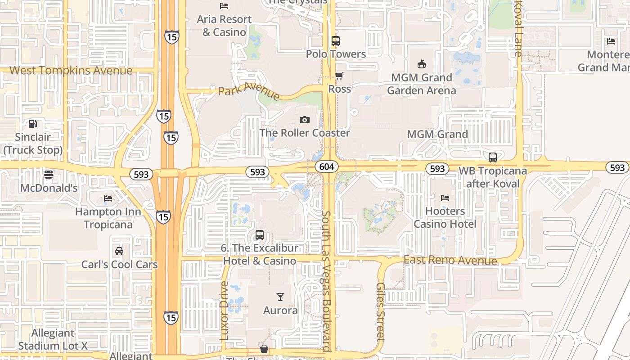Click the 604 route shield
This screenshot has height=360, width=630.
pyautogui.click(x=327, y=166)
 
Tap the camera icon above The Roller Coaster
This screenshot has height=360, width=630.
pyautogui.click(x=305, y=120)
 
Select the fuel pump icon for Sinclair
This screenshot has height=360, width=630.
pyautogui.click(x=33, y=123)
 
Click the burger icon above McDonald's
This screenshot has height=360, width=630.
pyautogui.click(x=49, y=175)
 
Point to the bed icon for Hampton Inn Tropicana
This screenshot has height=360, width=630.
pyautogui.click(x=108, y=198)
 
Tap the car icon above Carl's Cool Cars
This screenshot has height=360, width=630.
pyautogui.click(x=119, y=251)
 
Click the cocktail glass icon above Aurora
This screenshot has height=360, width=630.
pyautogui.click(x=280, y=297)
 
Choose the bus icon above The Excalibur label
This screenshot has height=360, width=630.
pyautogui.click(x=260, y=234)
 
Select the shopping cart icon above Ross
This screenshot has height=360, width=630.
pyautogui.click(x=339, y=76)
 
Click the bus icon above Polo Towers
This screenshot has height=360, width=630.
pyautogui.click(x=336, y=41)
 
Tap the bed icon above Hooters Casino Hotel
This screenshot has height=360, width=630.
pyautogui.click(x=445, y=198)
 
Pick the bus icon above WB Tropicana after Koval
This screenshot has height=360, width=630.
pyautogui.click(x=493, y=157)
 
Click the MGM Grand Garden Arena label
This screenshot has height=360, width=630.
pyautogui.click(x=422, y=84)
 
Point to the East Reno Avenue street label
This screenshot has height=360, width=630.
pyautogui.click(x=450, y=260)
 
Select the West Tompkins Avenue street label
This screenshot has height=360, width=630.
pyautogui.click(x=71, y=71)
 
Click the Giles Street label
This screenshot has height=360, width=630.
pyautogui.click(x=381, y=310)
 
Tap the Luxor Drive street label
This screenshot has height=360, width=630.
pyautogui.click(x=225, y=310)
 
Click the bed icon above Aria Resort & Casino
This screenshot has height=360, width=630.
pyautogui.click(x=224, y=6)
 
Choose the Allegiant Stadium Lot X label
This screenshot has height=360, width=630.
pyautogui.click(x=53, y=339)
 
